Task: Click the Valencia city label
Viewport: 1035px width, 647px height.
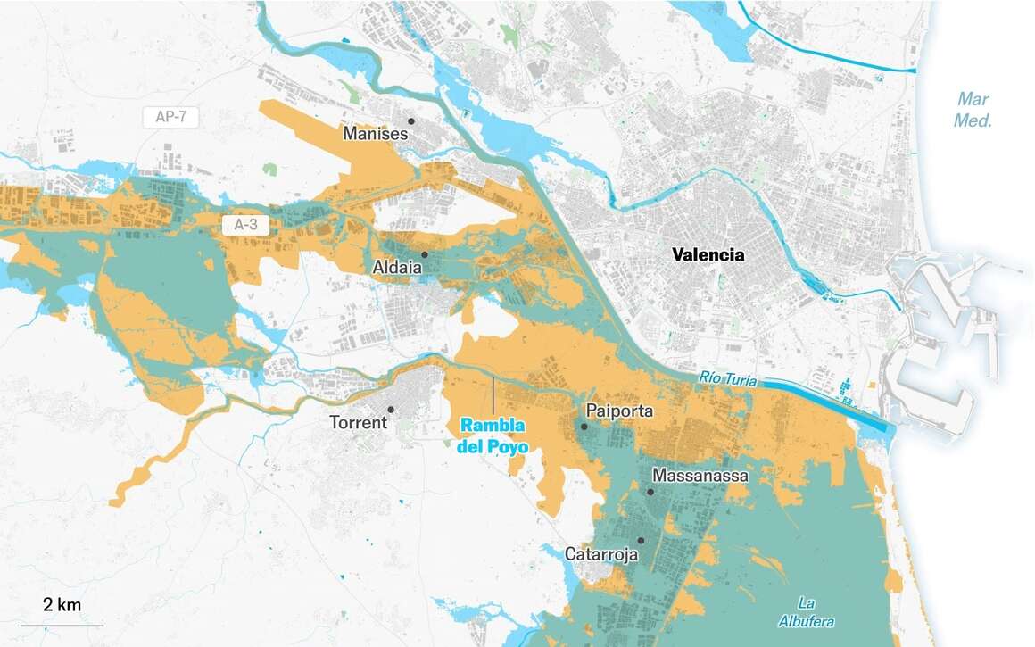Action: pos(708,255)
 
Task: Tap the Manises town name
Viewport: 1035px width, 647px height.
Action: pos(376,135)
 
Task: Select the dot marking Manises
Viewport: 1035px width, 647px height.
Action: pos(411,120)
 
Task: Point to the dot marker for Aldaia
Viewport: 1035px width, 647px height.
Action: pos(425,254)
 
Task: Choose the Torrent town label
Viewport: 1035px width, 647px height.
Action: pos(358,422)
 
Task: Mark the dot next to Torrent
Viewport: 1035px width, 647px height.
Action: pos(391,409)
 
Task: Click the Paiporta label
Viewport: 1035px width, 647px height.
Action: pos(621,411)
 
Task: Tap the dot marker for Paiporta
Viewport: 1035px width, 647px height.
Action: pos(584,427)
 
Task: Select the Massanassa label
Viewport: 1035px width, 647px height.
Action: pos(700,476)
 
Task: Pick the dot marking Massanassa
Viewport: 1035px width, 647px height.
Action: pos(651,492)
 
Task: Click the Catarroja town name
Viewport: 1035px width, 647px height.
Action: pos(601,554)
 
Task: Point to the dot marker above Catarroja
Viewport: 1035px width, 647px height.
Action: pos(641,540)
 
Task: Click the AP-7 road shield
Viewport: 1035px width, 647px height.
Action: pos(170,117)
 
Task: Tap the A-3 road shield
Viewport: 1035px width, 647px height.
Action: pos(245,226)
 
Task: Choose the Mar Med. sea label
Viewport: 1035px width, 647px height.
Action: pos(973,110)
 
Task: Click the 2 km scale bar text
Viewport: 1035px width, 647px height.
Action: pos(62,605)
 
